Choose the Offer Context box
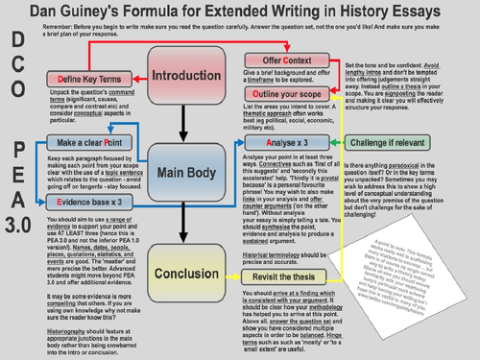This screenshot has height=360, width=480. [279, 60]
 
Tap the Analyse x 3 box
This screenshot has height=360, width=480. [287, 142]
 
